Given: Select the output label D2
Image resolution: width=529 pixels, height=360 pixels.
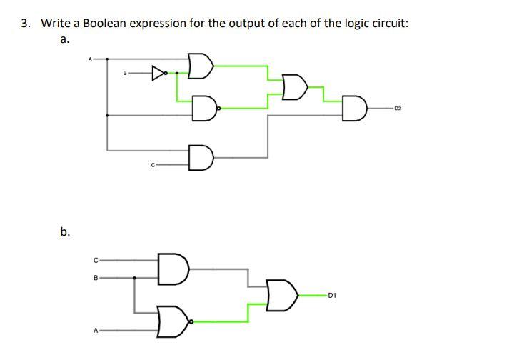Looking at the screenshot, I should coord(398,109).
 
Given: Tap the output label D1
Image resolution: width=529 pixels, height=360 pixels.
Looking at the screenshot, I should coord(333,294).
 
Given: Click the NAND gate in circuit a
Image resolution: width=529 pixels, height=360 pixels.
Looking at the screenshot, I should coord(204,109).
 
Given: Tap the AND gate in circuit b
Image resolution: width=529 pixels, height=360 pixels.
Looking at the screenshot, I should coord(173,269).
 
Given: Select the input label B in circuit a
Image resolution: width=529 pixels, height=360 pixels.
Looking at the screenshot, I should coord(126,72).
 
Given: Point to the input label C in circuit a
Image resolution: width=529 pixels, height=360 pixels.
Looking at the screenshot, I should coord(152,166).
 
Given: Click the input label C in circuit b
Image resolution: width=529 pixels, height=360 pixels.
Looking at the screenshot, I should coord(96,259).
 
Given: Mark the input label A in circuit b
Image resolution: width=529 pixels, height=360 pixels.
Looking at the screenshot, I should coord(96,331).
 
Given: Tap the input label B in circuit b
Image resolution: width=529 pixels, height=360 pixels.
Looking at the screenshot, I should coord(96,277).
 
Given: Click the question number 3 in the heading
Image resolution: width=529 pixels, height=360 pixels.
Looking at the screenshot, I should coord(26,23).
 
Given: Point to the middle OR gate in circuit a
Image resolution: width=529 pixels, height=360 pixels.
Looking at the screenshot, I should coord(293,87).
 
